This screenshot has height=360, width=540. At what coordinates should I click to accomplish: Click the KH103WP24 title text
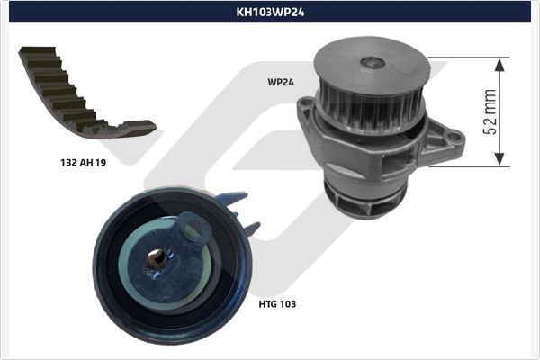pos(270,13)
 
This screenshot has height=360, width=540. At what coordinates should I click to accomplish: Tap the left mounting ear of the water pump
pos(306,112)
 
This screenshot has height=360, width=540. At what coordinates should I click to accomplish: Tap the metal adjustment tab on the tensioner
pos(193,229)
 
